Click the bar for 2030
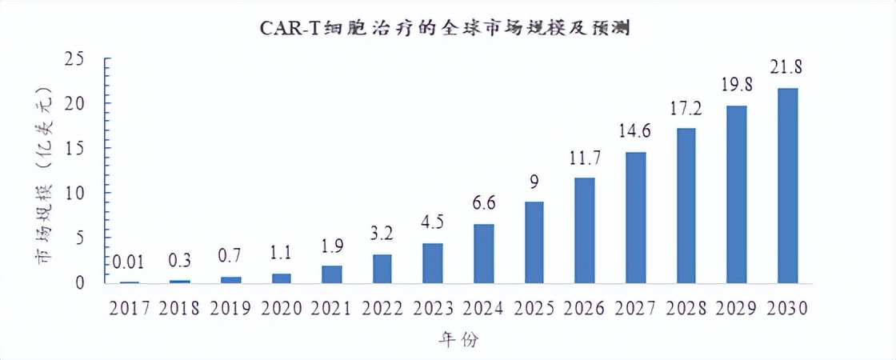(788, 186)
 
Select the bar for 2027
(636, 218)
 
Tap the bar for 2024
(484, 254)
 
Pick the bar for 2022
(382, 269)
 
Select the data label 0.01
(129, 262)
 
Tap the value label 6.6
(484, 203)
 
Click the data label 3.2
(382, 234)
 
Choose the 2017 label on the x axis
(129, 308)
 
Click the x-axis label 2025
(534, 308)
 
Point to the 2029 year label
(737, 308)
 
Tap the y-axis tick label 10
(74, 193)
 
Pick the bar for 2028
(686, 206)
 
